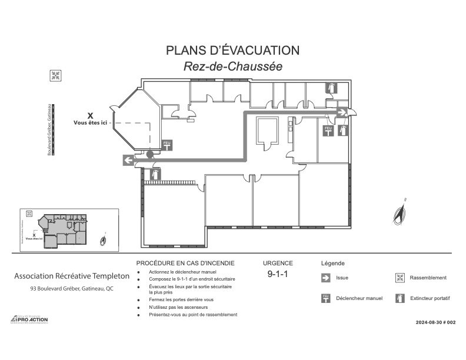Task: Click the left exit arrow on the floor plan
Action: point(128,159)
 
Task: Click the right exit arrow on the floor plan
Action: point(342,111)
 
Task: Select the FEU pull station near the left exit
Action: point(167,145)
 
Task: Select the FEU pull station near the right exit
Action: point(328,131)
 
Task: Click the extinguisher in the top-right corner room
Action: point(331,88)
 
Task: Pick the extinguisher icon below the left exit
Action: point(155,174)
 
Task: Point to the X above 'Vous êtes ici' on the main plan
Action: point(90,116)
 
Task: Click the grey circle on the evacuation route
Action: point(150,154)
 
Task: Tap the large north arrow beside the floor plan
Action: point(401,212)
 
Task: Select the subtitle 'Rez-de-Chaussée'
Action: point(233,66)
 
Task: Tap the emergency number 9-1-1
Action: point(277,274)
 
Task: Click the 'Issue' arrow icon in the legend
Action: point(325,278)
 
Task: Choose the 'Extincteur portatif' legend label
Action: point(430,298)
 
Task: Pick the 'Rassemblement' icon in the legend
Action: point(400,278)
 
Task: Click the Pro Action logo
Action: point(30,319)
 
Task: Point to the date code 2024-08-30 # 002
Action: point(435,322)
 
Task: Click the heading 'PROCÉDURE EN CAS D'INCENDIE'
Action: point(185,263)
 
